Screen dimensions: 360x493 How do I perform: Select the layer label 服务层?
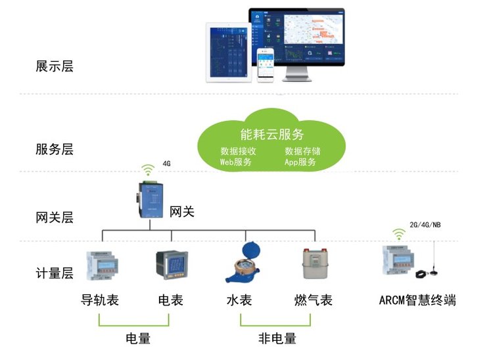pyautogui.click(x=54, y=149)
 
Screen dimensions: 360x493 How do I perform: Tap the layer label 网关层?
pyautogui.click(x=54, y=217)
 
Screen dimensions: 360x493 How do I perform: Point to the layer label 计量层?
pyautogui.click(x=54, y=275)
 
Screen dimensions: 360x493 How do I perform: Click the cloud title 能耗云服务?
pyautogui.click(x=272, y=135)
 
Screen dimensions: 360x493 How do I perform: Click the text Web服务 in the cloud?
pyautogui.click(x=236, y=162)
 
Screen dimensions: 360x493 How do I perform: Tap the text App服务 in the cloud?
pyautogui.click(x=300, y=162)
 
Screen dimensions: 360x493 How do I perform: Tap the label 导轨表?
pyautogui.click(x=99, y=301)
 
